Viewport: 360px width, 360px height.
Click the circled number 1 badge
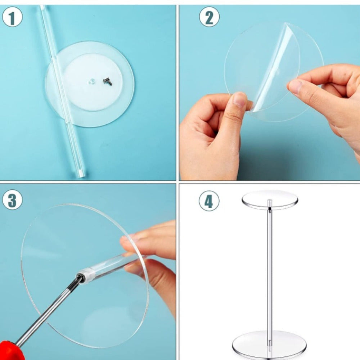[x=12, y=17]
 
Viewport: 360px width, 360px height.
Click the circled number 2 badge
[x=209, y=17]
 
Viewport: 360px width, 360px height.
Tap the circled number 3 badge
[x=12, y=200]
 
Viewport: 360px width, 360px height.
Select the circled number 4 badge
[x=209, y=201]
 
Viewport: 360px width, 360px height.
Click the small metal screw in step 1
[x=107, y=81]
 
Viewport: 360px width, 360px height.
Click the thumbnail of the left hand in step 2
[x=239, y=100]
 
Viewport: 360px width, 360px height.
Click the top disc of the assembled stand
[x=270, y=199]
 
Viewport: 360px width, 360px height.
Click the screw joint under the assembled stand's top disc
[x=270, y=208]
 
